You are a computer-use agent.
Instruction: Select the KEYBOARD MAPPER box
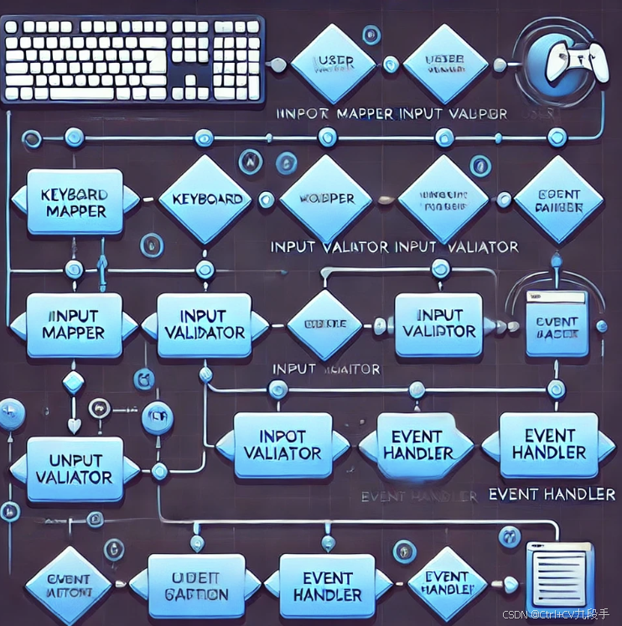[x=73, y=200]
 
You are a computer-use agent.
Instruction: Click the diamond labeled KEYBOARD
[x=206, y=199]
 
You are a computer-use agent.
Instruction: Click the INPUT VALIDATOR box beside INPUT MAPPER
[x=204, y=324]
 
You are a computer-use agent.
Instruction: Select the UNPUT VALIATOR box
[x=73, y=468]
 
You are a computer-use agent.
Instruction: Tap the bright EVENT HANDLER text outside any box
[x=551, y=494]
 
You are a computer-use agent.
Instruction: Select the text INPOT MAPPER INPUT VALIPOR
[x=391, y=113]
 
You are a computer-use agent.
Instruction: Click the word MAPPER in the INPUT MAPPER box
[x=73, y=333]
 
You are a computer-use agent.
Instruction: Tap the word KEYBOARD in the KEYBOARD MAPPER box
[x=73, y=193]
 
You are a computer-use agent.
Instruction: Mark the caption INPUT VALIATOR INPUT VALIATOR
[x=394, y=247]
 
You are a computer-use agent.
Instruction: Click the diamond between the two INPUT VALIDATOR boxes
[x=324, y=324]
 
